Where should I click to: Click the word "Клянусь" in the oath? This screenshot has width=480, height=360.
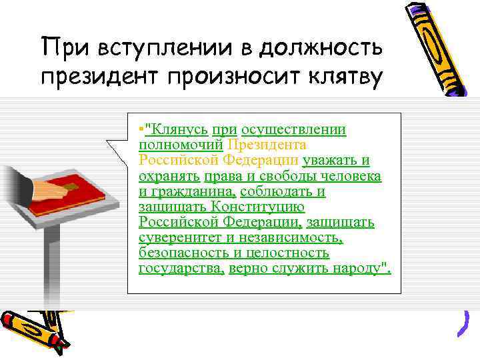tap(178, 129)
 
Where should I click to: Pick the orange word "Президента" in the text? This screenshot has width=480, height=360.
tap(267, 145)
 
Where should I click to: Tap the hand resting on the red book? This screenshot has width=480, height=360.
tap(43, 189)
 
